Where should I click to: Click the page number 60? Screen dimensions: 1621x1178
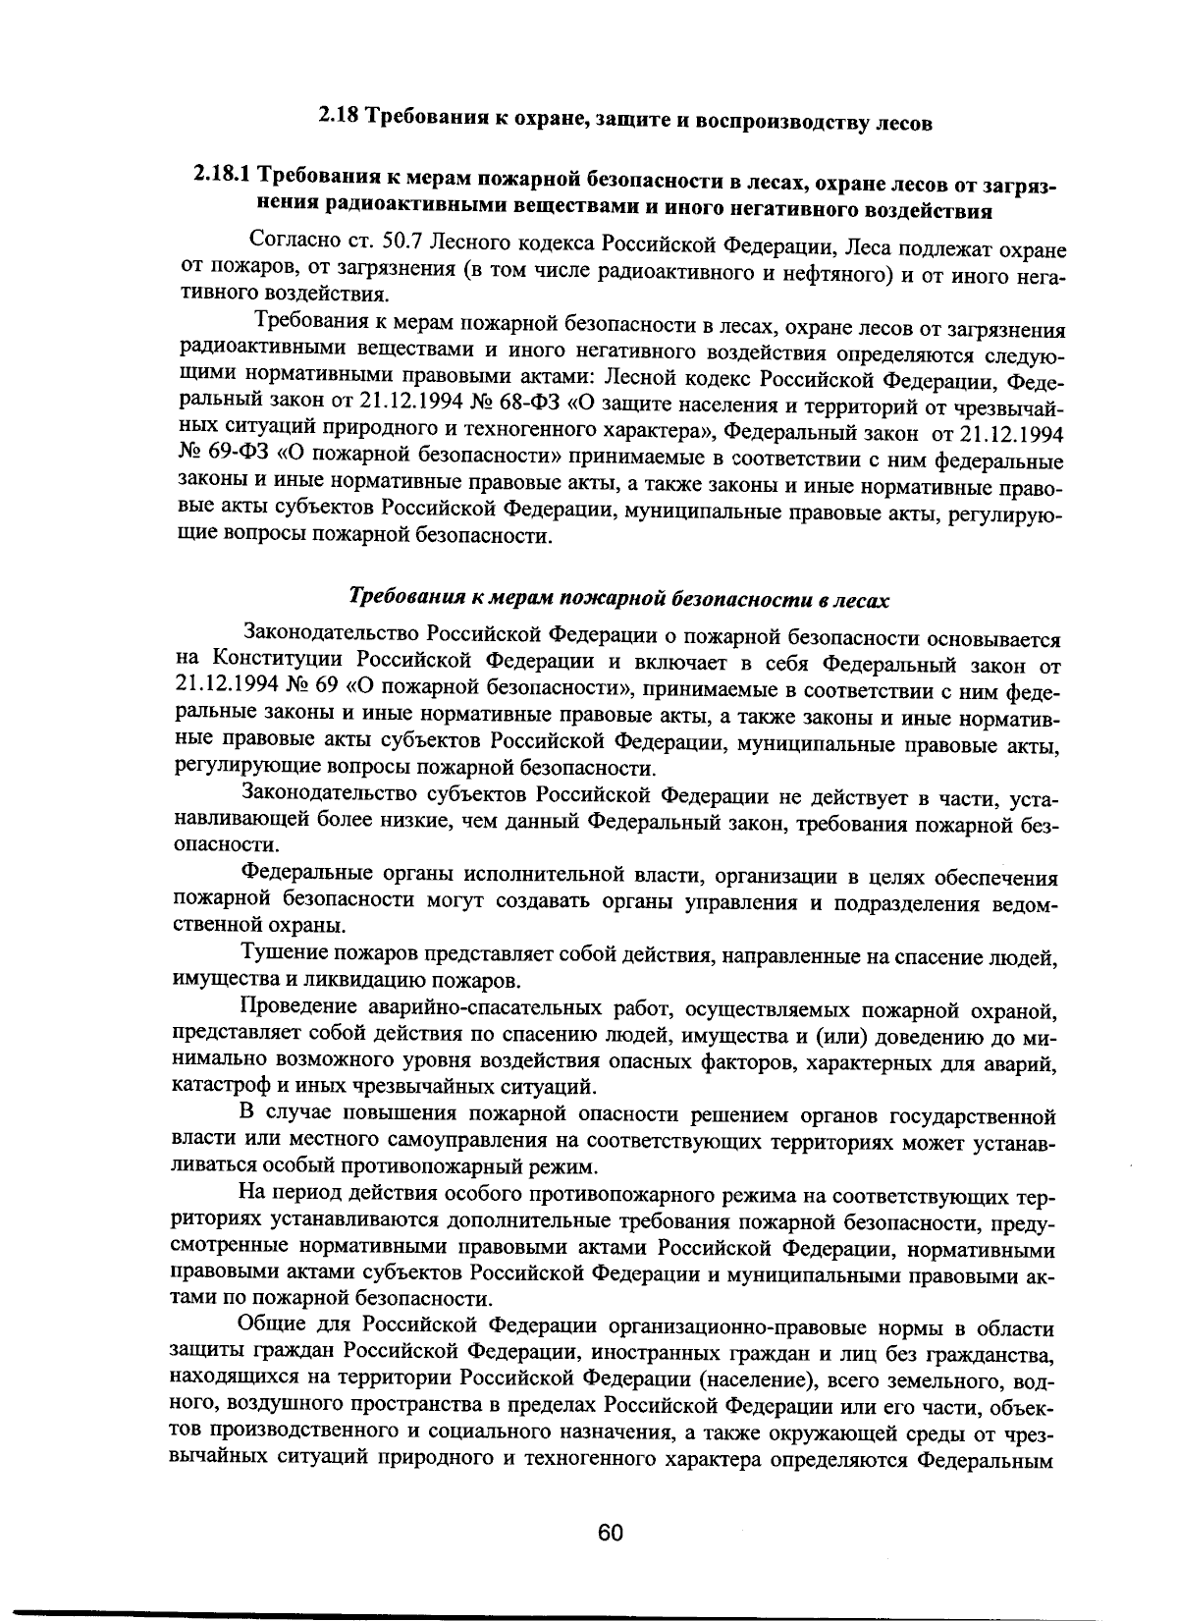[610, 1535]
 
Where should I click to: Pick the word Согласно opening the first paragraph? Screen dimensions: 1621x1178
[294, 242]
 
